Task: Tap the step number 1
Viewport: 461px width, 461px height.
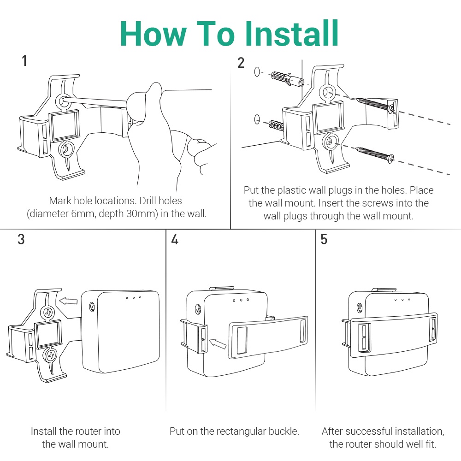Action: point(24,61)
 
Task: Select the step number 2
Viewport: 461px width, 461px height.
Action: point(241,63)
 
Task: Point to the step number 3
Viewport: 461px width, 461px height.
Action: point(21,239)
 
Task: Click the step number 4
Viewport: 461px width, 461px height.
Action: point(175,239)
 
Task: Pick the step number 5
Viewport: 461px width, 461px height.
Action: point(324,239)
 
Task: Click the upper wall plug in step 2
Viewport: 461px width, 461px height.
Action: point(287,78)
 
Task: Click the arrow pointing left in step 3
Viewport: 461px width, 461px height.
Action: point(68,301)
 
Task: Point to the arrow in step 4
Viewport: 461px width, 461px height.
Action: point(217,343)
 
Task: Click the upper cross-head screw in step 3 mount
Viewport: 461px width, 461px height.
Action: point(48,313)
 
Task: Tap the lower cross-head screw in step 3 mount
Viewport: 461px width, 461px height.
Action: point(51,355)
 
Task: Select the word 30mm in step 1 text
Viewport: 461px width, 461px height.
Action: point(142,214)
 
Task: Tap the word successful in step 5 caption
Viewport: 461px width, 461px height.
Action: point(368,431)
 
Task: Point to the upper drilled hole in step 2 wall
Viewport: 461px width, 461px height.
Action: point(257,71)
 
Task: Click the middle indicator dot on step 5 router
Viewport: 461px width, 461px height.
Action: point(402,300)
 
